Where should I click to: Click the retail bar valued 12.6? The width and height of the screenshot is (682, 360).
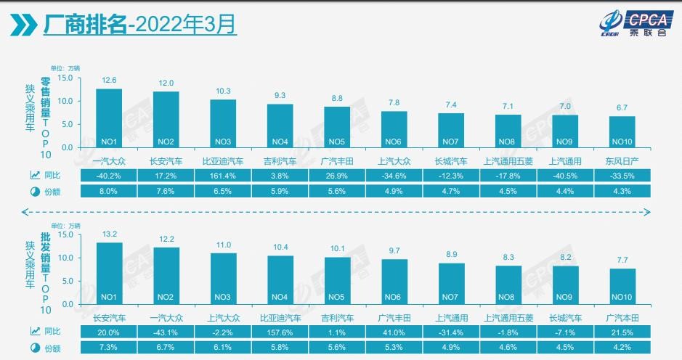[x=110, y=118]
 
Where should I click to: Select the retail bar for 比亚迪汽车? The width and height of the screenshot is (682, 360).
[x=223, y=123]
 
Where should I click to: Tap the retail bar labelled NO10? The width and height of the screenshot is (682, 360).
[x=622, y=131]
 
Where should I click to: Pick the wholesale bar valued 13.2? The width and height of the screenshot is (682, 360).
[x=110, y=273]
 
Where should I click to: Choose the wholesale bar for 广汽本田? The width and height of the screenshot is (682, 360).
[x=622, y=286]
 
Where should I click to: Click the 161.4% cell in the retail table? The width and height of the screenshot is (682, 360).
[x=223, y=175]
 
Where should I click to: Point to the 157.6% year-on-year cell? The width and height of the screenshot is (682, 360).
[x=280, y=332]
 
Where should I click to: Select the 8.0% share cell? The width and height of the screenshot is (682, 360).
[x=110, y=191]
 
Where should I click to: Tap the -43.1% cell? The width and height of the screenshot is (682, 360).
[x=166, y=332]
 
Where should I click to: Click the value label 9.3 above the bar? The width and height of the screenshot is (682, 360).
[x=280, y=95]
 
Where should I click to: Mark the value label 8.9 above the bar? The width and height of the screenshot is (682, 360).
[x=451, y=255]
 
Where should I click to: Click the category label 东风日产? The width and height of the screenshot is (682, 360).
[x=622, y=161]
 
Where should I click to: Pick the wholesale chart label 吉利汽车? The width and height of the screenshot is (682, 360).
[x=337, y=317]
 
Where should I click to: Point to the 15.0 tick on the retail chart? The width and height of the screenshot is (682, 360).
[x=66, y=78]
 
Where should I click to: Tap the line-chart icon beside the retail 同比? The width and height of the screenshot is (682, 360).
[x=34, y=175]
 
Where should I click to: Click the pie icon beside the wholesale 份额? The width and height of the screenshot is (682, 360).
[x=34, y=348]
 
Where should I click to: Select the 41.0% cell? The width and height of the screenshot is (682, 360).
[x=394, y=332]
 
